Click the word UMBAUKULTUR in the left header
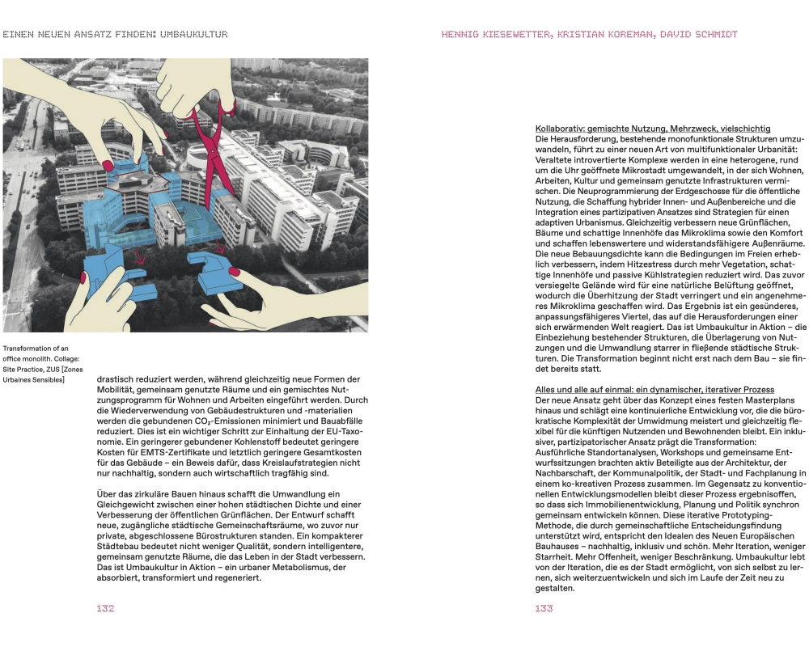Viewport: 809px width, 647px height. tap(194, 35)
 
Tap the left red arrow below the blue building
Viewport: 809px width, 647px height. tap(141, 258)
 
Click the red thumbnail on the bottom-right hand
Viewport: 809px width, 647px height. tap(235, 271)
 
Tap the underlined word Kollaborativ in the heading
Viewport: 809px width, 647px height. tap(559, 129)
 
